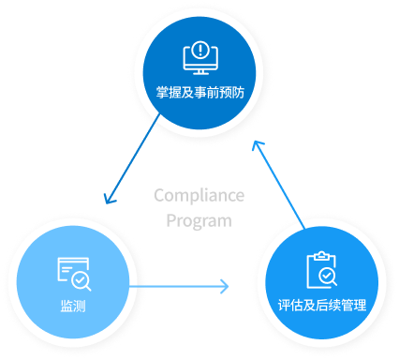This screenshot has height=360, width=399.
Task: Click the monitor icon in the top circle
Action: click(x=199, y=57)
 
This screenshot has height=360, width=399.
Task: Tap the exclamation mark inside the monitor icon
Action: click(x=199, y=51)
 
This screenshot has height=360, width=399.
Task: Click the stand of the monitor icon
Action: click(x=199, y=71)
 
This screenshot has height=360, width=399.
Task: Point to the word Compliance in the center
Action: click(x=199, y=195)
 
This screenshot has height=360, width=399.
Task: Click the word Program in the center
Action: click(x=199, y=221)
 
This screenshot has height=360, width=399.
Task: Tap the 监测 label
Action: click(x=73, y=306)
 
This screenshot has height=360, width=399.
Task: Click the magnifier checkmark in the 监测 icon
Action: click(x=81, y=279)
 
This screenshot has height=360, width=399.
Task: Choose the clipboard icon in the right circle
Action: click(x=319, y=270)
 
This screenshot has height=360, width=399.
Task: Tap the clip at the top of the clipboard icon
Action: click(x=319, y=255)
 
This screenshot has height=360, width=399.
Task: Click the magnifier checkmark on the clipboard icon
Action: click(x=327, y=277)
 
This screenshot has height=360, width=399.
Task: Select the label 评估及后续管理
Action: click(x=321, y=307)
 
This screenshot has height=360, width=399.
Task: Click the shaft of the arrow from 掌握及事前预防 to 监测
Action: click(x=132, y=158)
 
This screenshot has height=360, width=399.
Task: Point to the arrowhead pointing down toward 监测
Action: click(x=109, y=200)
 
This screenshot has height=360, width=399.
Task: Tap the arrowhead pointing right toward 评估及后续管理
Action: click(x=226, y=285)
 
